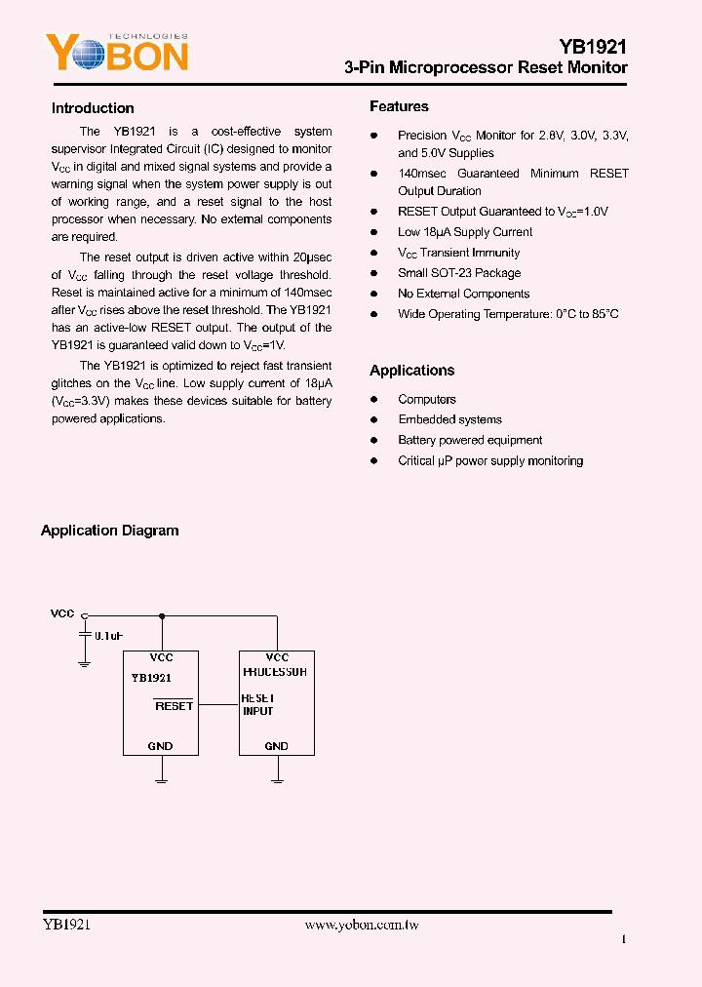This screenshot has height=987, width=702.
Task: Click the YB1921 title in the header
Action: pos(593,46)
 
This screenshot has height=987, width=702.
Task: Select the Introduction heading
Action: pos(93,108)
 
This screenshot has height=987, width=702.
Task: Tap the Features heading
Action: pos(399,106)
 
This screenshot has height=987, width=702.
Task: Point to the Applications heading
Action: pos(411,371)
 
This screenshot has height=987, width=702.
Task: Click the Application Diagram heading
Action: pos(109,531)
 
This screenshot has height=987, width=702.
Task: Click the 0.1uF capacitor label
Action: pos(108,636)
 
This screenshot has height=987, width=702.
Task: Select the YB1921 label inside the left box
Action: pos(151,677)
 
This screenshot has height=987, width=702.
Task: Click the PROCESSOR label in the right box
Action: pos(275,672)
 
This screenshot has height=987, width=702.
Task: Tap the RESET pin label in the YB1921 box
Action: pos(174,705)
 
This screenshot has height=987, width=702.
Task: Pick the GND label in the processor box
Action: pos(276,746)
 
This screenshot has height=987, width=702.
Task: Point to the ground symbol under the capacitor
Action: pos(84,662)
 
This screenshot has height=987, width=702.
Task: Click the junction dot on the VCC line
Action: pos(161,615)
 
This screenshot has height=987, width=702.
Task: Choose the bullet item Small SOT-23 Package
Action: pos(459,273)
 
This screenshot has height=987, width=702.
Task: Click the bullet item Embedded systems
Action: pos(449,419)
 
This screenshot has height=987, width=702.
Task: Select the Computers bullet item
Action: pos(427,399)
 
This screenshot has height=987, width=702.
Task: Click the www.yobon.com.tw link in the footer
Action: pos(362,925)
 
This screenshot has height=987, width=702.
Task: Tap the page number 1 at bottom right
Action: pos(623,939)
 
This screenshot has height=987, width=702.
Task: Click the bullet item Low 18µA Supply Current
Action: pos(465,232)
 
